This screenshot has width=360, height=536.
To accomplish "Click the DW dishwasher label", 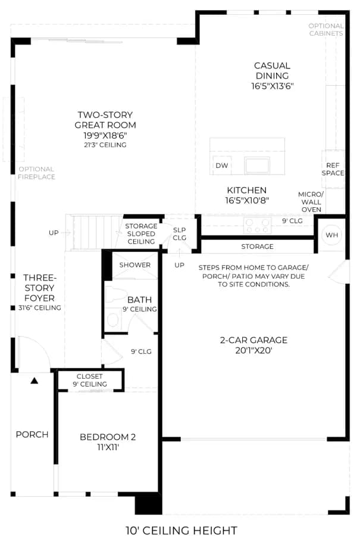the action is tap(222, 166).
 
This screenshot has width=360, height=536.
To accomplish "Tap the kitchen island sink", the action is tap(257, 166).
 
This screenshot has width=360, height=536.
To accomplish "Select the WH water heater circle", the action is tap(331, 235).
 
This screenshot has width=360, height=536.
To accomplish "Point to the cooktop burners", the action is tap(257, 226).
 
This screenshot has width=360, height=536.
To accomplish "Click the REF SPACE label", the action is tap(333, 169).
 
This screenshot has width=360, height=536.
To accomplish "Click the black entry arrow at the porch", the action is tap(34, 380).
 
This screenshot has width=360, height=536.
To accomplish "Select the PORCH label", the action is tap(32, 435).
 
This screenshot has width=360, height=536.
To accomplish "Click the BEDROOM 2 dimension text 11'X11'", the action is tap(108, 447).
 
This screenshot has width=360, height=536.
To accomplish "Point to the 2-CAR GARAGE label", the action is tap(253, 340).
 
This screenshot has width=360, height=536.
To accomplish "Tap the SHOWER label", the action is tap(135, 265).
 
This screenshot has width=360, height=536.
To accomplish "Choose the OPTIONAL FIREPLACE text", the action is tap(36, 173).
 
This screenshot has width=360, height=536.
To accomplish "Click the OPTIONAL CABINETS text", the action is tap(326, 30).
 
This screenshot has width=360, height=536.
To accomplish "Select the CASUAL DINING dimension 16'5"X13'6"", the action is tap(272, 86).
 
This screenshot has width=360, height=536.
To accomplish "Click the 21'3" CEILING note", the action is tap(105, 145).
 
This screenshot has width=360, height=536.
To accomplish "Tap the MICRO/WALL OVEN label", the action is tap(311, 202).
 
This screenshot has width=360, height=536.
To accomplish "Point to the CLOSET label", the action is tap(89, 376).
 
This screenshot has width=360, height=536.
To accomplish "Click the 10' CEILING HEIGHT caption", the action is tap(181, 530).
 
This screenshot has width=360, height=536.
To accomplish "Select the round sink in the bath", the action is tap(112, 320).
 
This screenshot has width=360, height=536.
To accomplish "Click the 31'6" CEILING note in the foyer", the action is tap(40, 308).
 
